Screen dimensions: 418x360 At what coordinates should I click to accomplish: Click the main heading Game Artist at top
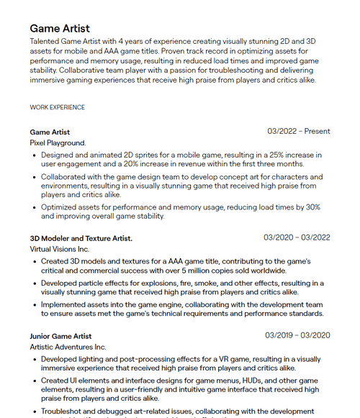(x=60, y=28)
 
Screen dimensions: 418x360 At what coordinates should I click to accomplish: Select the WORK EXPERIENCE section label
(x=57, y=107)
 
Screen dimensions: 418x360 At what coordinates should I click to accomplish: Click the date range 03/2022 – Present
(x=298, y=132)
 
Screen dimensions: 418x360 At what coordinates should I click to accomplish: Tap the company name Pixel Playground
(x=58, y=143)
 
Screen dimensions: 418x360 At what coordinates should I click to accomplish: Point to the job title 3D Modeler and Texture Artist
(x=81, y=237)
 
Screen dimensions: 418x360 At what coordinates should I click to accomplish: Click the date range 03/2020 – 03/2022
(x=297, y=237)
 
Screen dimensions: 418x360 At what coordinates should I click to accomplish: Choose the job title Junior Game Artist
(x=60, y=335)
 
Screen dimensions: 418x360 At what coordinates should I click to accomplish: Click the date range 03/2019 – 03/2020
(x=297, y=335)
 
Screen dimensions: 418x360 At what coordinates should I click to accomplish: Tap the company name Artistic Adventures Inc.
(x=68, y=347)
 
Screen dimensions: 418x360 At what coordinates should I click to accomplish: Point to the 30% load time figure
(x=312, y=206)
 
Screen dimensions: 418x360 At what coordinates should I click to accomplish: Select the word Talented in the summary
(x=47, y=42)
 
